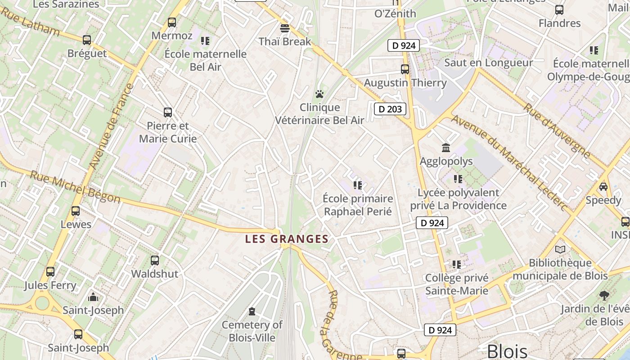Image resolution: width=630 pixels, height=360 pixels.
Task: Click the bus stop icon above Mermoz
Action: (x=171, y=22)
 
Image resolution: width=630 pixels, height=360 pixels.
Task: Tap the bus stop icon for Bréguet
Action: (x=87, y=40)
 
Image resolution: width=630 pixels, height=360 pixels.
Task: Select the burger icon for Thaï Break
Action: (x=284, y=28)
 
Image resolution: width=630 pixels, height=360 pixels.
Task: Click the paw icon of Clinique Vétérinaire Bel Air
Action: (x=319, y=94)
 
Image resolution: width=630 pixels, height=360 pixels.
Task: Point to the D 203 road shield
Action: (x=390, y=109)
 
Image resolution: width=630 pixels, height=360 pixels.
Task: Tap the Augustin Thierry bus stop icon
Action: (x=405, y=69)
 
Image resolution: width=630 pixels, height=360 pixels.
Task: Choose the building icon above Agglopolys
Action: (x=446, y=148)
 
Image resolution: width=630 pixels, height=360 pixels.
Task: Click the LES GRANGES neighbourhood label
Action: (x=287, y=239)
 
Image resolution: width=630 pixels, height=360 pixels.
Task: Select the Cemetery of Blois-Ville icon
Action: (x=252, y=311)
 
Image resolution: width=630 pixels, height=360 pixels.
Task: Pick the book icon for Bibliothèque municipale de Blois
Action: (x=560, y=249)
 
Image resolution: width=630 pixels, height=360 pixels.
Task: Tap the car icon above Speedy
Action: (x=603, y=186)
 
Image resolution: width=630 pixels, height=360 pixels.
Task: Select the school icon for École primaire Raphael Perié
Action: (x=358, y=185)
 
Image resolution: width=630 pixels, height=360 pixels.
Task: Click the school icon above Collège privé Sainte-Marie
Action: (x=457, y=264)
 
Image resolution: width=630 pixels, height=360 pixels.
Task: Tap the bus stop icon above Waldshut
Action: (x=155, y=260)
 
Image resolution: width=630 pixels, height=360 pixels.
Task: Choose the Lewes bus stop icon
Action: (x=76, y=211)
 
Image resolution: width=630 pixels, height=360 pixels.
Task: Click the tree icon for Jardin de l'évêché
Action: (x=604, y=295)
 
